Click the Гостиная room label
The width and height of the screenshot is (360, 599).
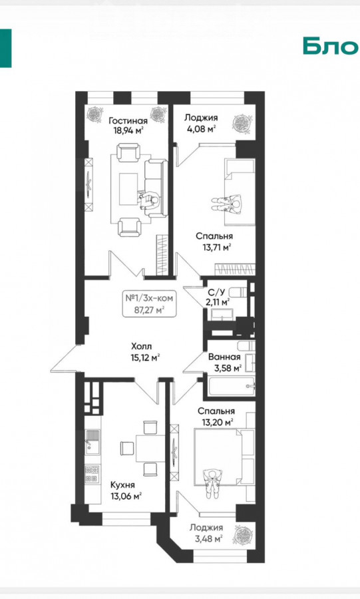coord(128,120)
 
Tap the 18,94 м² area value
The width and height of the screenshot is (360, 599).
coord(128,131)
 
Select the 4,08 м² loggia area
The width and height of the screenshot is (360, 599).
coord(201,128)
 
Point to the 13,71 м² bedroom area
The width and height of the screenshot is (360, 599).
coord(217,247)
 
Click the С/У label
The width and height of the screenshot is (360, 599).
coord(216,293)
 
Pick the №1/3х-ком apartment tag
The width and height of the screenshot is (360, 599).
coord(149,298)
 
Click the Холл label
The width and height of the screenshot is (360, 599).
coord(141,347)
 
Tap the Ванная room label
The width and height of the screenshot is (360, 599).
coord(224,357)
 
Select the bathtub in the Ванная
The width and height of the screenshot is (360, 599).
coord(232,387)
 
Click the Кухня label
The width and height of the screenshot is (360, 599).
coord(122,485)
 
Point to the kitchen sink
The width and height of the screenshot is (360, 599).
coord(92,442)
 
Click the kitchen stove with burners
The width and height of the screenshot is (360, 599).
coord(92,474)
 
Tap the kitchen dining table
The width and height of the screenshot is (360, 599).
coord(150,448)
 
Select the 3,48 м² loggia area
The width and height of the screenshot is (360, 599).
coord(206,538)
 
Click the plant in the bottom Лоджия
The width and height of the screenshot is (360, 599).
coord(242,534)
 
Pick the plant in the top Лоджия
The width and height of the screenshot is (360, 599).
coord(242,123)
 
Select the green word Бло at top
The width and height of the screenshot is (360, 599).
coord(331,46)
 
